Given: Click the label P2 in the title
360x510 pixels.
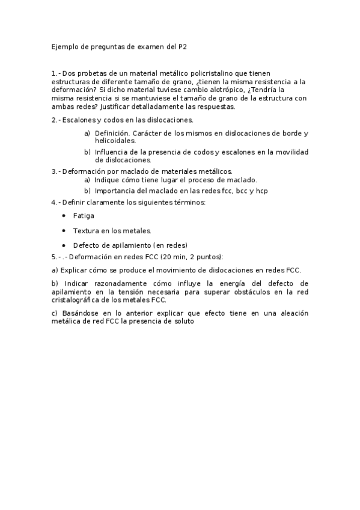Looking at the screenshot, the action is click(x=192, y=46).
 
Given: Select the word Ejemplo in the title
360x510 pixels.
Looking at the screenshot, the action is click(x=63, y=46).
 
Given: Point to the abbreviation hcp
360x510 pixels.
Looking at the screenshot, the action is click(x=261, y=191).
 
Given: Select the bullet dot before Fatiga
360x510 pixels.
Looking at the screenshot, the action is click(x=64, y=215).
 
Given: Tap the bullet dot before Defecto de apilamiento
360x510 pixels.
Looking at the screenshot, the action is click(x=64, y=245).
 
